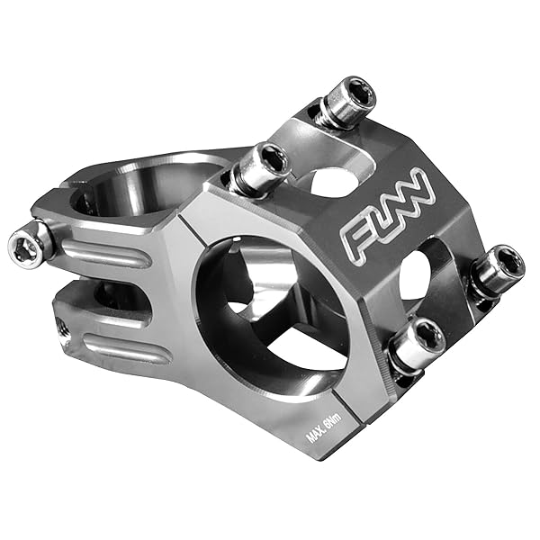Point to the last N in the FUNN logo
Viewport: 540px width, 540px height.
pos(424,189)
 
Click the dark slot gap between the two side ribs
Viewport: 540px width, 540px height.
pos(108,297)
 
